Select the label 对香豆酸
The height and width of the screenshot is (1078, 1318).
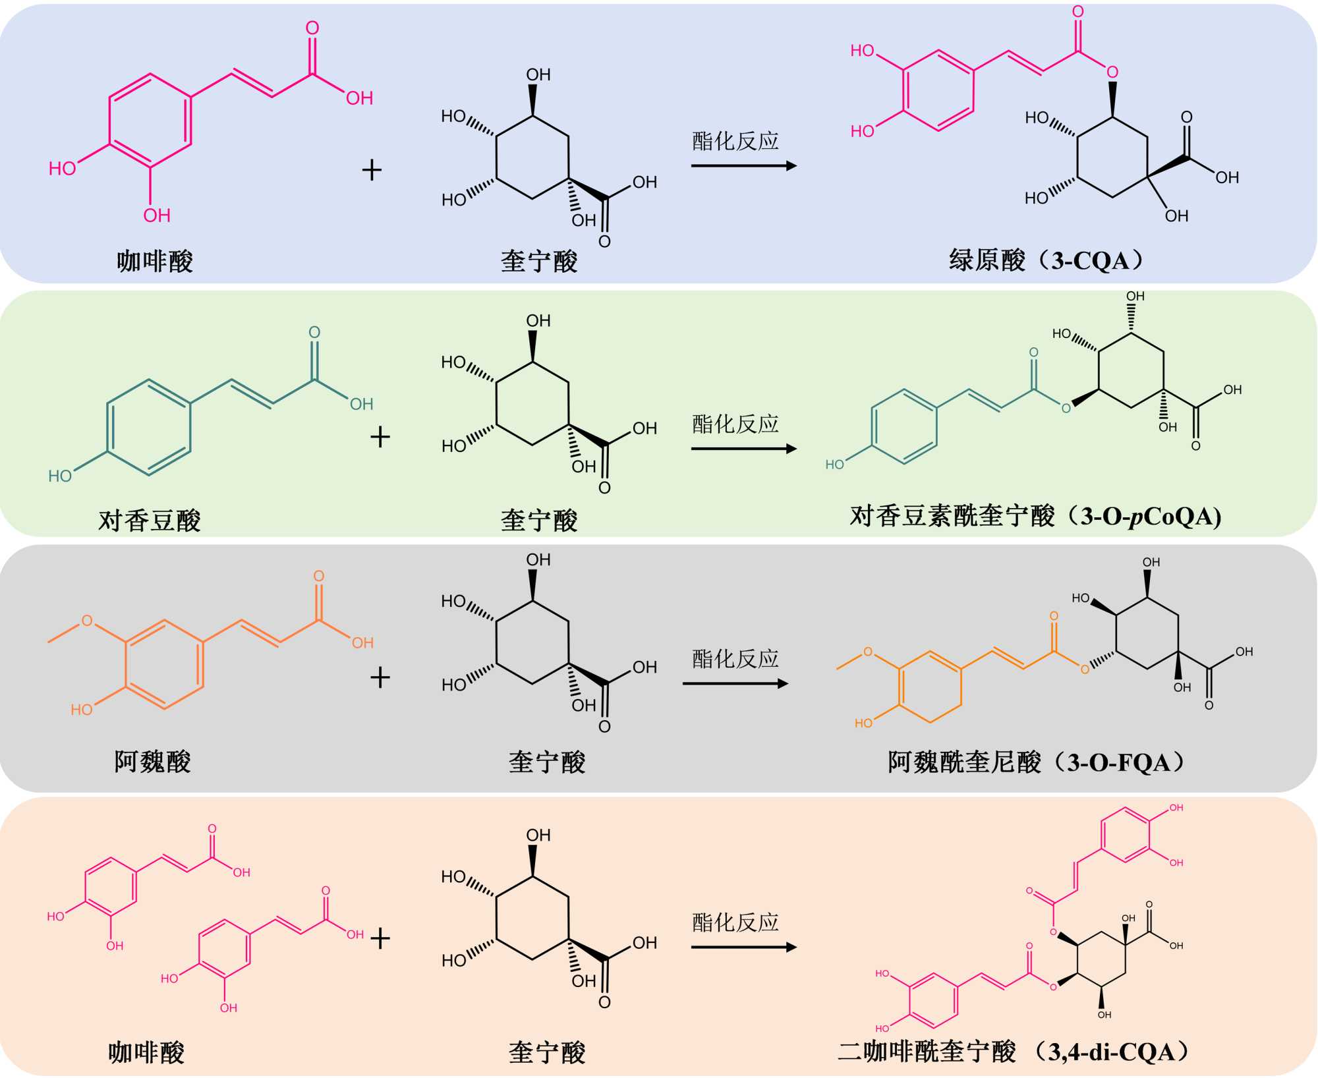pyautogui.click(x=150, y=521)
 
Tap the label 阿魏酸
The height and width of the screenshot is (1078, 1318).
pyautogui.click(x=152, y=762)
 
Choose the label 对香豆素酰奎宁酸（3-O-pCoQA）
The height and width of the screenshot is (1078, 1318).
pyautogui.click(x=1035, y=516)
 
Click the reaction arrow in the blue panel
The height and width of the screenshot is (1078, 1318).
pyautogui.click(x=743, y=165)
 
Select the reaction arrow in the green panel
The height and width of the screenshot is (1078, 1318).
pyautogui.click(x=743, y=449)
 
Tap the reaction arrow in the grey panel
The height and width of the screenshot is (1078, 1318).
pyautogui.click(x=735, y=683)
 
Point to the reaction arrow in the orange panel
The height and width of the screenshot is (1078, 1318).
pyautogui.click(x=743, y=948)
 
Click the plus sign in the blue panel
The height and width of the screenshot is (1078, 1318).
pyautogui.click(x=372, y=170)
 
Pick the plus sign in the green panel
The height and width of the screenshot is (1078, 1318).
pyautogui.click(x=380, y=437)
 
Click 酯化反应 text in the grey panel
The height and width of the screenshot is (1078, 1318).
pyautogui.click(x=735, y=659)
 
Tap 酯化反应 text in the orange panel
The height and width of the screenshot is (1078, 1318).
pyautogui.click(x=735, y=922)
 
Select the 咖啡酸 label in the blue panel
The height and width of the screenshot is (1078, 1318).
pyautogui.click(x=155, y=262)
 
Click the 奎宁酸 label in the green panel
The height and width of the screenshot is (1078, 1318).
pyautogui.click(x=539, y=521)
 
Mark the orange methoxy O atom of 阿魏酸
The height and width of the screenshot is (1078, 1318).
pyautogui.click(x=87, y=621)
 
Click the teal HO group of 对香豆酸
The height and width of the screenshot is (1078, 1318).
pyautogui.click(x=60, y=476)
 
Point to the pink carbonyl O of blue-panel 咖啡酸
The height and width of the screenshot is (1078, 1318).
pyautogui.click(x=312, y=28)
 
